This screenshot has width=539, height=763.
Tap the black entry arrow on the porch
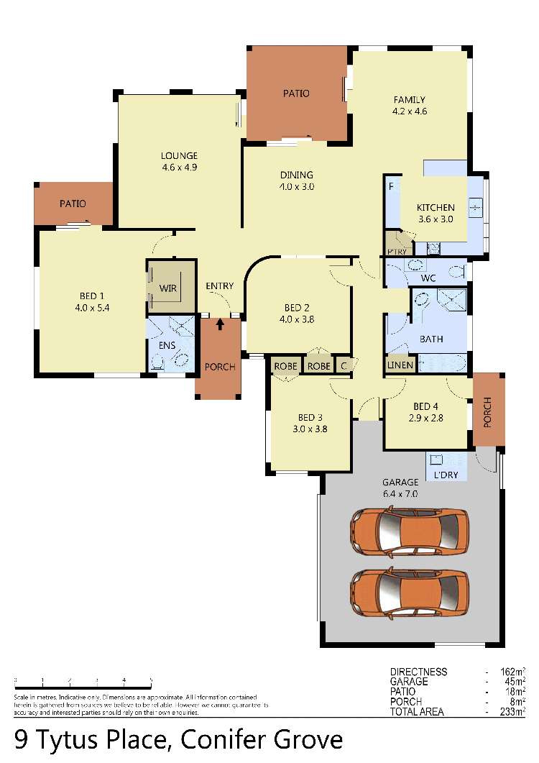click(x=220, y=324)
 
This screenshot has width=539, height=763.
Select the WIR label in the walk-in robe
click(x=167, y=288)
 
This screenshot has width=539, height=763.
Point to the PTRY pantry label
click(x=397, y=251)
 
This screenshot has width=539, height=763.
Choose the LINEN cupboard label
click(x=401, y=365)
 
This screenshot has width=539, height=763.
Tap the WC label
click(x=428, y=278)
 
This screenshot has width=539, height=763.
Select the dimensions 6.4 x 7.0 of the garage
click(x=400, y=494)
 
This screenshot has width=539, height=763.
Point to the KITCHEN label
click(x=436, y=208)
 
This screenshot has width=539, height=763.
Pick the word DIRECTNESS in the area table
click(x=419, y=672)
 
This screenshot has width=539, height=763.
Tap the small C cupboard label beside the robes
click(x=344, y=365)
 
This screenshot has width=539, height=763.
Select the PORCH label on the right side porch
click(x=488, y=412)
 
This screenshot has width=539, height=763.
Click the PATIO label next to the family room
click(x=295, y=93)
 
